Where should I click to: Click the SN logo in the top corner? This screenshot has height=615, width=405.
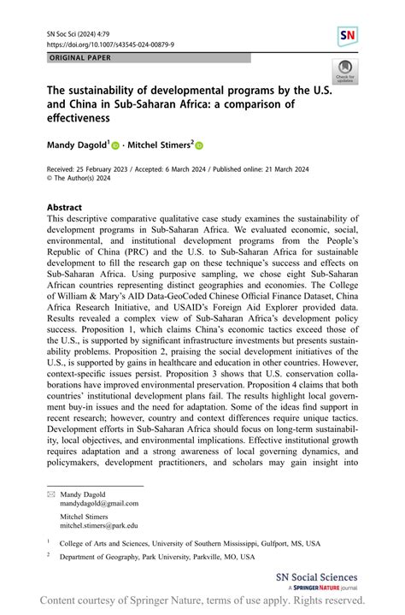(347, 36)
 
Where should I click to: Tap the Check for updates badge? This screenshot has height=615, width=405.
(346, 72)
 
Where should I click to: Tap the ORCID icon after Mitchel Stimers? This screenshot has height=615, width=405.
(201, 146)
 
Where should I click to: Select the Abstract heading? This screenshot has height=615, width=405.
(64, 207)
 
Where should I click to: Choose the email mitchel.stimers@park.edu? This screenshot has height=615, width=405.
(98, 526)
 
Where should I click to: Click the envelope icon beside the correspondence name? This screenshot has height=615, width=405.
(50, 494)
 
